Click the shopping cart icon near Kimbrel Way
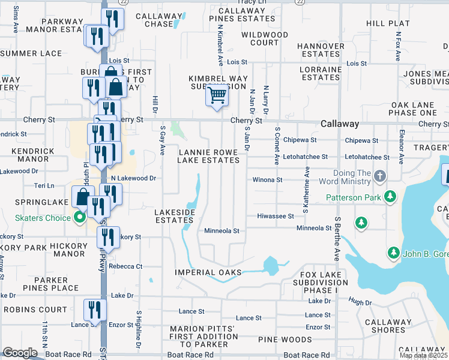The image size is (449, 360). [217, 95]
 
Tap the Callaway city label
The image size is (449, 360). [340, 124]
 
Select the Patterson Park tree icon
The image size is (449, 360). [390, 196]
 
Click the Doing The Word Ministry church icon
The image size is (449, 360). [379, 176]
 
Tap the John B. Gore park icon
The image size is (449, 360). [393, 252]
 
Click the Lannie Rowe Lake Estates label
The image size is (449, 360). [209, 156]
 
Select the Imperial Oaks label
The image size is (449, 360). [208, 272]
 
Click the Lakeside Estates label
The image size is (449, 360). [174, 217]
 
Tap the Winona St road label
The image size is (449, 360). [267, 179]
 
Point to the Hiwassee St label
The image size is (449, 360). [275, 216]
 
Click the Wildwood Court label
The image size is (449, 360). [264, 39]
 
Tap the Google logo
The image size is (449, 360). [20, 353]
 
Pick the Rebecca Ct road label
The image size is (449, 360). [125, 266]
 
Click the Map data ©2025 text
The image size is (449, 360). [424, 355]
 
